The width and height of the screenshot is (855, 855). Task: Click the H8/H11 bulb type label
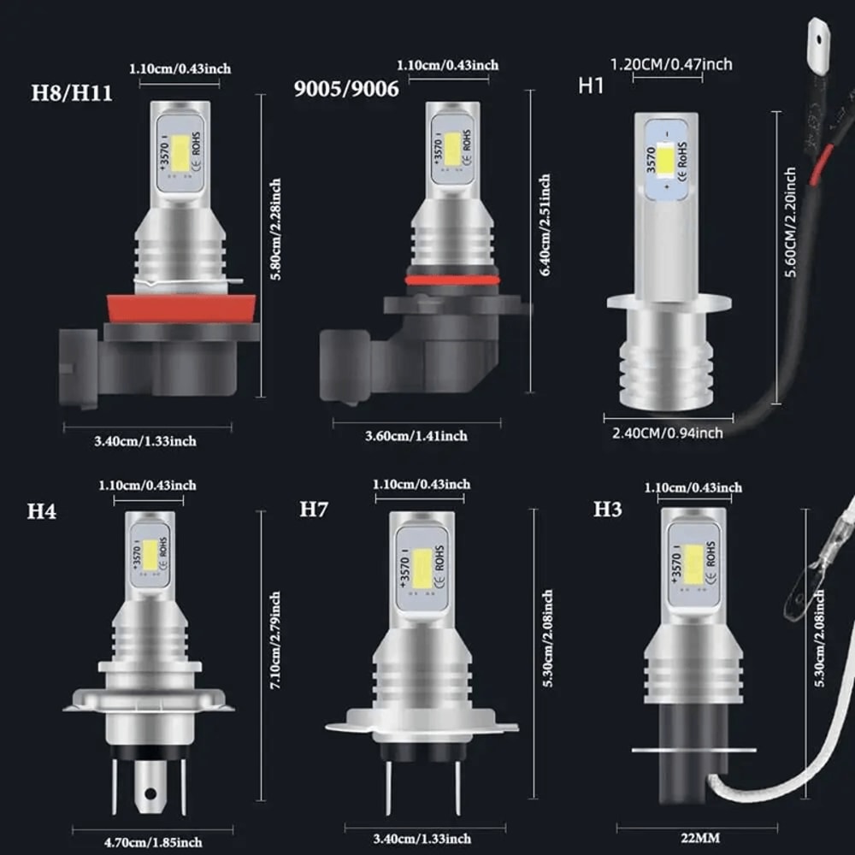pyautogui.click(x=71, y=92)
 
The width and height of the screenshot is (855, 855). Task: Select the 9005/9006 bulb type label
pyautogui.click(x=346, y=89)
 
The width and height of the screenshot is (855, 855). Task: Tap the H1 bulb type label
pyautogui.click(x=591, y=85)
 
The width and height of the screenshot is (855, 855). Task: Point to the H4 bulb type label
pyautogui.click(x=41, y=511)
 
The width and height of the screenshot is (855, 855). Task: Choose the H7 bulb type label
pyautogui.click(x=314, y=510)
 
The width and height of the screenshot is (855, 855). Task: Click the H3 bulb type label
pyautogui.click(x=608, y=510)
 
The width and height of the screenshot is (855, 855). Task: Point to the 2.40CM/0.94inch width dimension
pyautogui.click(x=667, y=433)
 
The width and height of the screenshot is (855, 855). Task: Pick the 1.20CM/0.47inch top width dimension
pyautogui.click(x=671, y=64)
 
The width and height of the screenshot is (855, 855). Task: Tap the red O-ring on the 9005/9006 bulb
pyautogui.click(x=451, y=280)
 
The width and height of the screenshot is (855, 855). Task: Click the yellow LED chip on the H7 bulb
pyautogui.click(x=422, y=569)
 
